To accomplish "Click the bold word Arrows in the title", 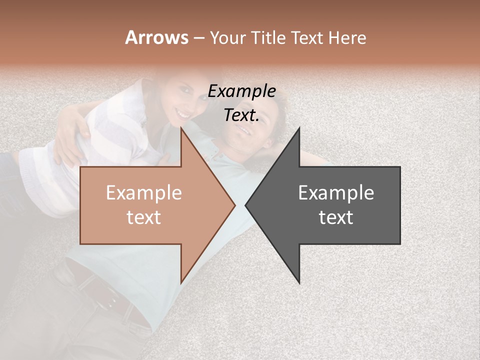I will (x=156, y=37).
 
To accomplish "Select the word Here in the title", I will (x=347, y=37).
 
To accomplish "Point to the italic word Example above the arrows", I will (x=242, y=91).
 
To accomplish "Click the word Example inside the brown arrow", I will (x=144, y=193).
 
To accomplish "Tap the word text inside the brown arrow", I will (x=144, y=217).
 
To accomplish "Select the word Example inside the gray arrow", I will (x=336, y=193).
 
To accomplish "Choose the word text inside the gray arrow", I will (x=336, y=217).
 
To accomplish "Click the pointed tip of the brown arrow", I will (x=234, y=205).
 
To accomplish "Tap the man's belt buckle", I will (x=107, y=301).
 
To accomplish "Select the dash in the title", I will (x=199, y=38).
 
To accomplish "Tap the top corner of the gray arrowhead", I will (x=299, y=128).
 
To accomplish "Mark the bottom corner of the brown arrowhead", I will (x=181, y=282).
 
